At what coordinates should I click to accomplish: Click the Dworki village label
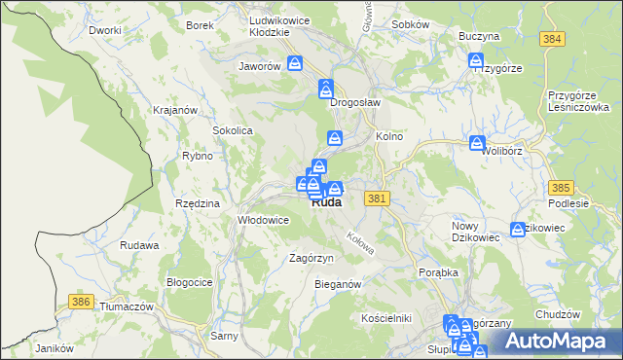tap(104, 30)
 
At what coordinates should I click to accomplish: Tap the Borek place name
tap(200, 25)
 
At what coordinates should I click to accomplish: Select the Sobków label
tap(410, 24)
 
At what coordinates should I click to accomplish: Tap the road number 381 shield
tap(379, 198)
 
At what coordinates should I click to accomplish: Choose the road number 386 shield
tap(82, 303)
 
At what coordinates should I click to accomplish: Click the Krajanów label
tap(175, 110)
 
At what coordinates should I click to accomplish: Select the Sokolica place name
tap(233, 129)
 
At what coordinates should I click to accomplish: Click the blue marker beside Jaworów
tap(295, 64)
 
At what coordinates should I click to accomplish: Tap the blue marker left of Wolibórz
tap(476, 143)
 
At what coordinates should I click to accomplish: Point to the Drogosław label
tap(354, 101)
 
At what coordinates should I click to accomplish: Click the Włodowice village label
tap(264, 220)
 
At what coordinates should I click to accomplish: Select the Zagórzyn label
tap(311, 258)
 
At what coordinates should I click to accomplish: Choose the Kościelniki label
tap(386, 318)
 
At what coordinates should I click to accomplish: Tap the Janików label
tap(55, 348)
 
